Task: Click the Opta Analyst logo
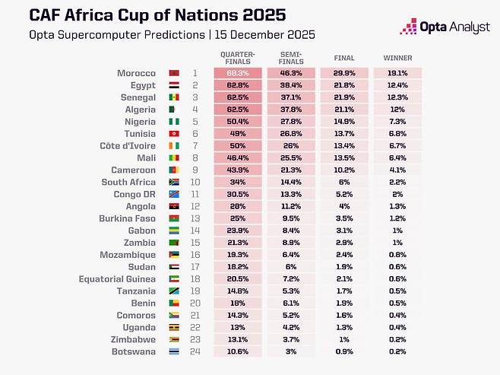click(448, 27)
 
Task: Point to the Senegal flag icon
click(173, 98)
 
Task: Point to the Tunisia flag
click(173, 134)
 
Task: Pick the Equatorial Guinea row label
click(118, 279)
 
